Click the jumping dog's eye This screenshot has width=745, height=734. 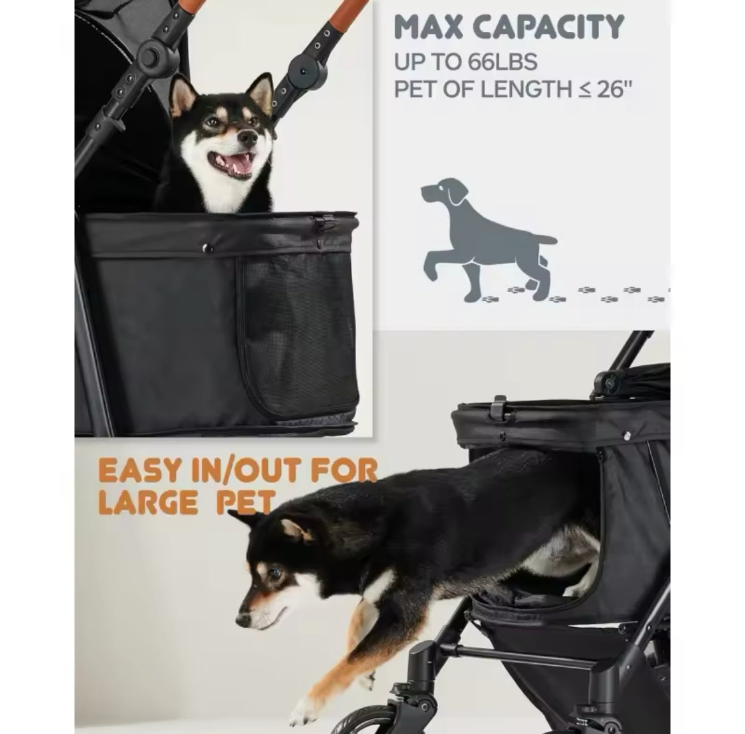coord(275,572)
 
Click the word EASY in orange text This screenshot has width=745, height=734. coord(140,470)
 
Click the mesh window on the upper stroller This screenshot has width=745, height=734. coord(299,332)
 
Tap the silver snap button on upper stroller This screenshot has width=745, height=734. coord(207,248)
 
